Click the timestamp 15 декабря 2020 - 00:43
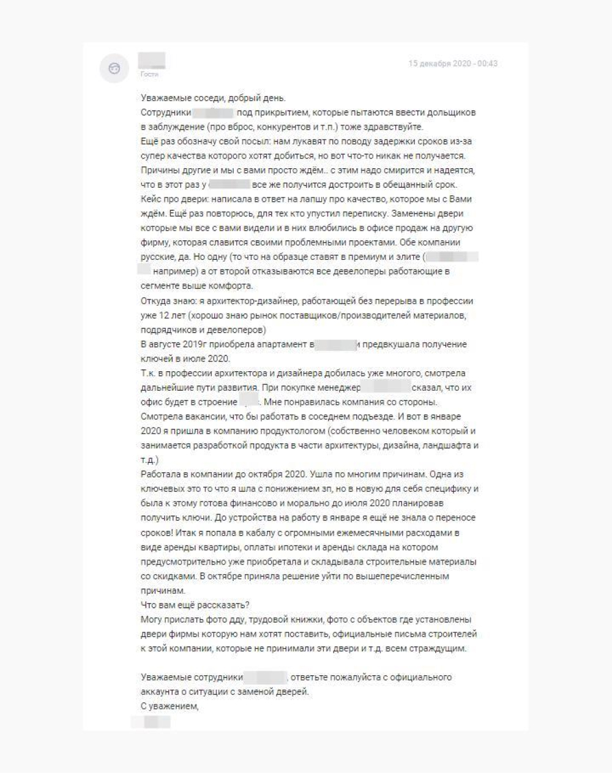[453, 64]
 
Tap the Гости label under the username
[149, 75]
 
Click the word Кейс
[151, 199]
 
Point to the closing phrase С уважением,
[170, 706]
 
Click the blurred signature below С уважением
[151, 722]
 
